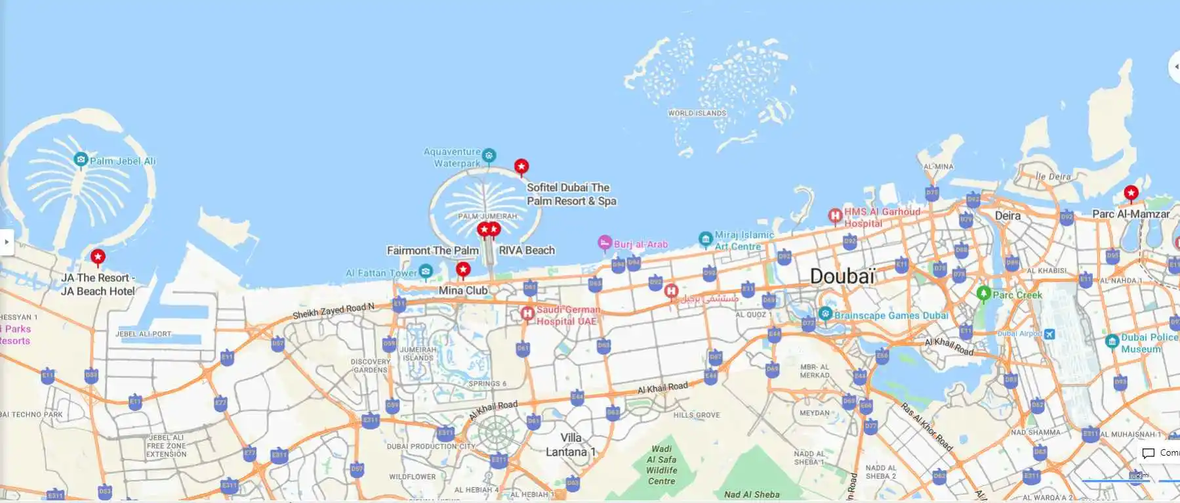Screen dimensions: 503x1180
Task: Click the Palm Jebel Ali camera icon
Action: coord(81,160)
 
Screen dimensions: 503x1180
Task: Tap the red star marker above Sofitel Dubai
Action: coord(521,166)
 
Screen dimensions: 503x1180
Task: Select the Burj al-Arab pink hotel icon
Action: coord(605,242)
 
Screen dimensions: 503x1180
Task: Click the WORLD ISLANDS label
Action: coord(697,113)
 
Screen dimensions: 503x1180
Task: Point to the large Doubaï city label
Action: coord(842,276)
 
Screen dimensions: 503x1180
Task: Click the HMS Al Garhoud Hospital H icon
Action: coord(835,215)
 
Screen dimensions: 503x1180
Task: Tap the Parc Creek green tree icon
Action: coord(983,293)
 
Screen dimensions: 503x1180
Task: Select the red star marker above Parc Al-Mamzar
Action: coord(1131,192)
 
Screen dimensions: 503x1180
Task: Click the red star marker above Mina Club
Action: coord(463,269)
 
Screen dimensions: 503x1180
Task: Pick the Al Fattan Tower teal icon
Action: coord(426,271)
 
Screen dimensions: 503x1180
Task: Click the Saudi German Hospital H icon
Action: coord(527,314)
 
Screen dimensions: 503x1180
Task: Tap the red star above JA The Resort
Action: coord(98,256)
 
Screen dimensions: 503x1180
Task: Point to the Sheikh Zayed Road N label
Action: coord(333,310)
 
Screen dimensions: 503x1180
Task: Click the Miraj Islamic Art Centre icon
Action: coord(705,238)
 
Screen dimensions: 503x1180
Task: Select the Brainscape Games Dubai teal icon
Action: coord(825,314)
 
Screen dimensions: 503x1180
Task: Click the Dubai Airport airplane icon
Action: coord(1049,334)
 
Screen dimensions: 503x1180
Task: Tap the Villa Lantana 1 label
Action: coord(571,445)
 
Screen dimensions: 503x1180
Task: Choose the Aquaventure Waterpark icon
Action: coord(489,156)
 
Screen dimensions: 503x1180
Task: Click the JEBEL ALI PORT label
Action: coord(144,334)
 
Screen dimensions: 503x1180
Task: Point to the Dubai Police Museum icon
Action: coord(1112,341)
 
